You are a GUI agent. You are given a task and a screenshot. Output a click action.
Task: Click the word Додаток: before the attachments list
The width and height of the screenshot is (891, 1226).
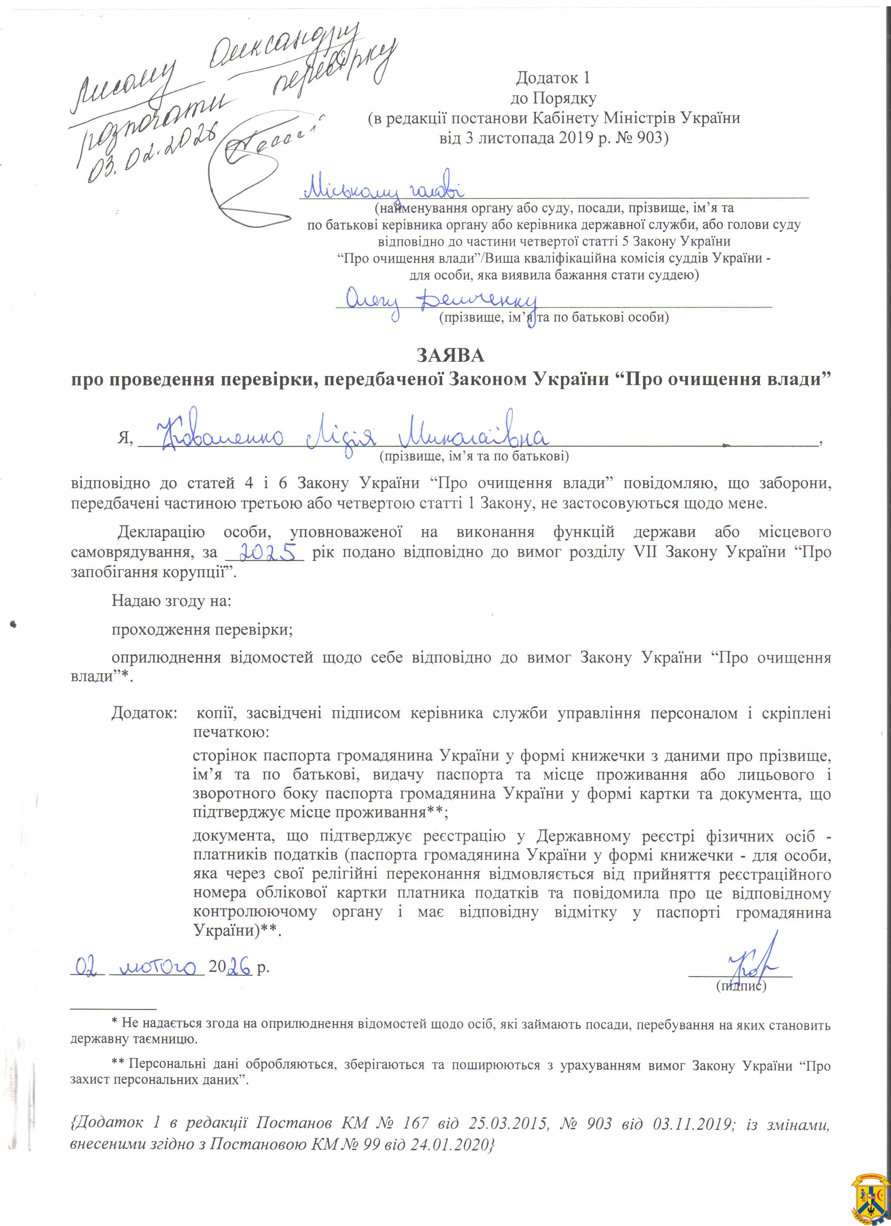144,713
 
